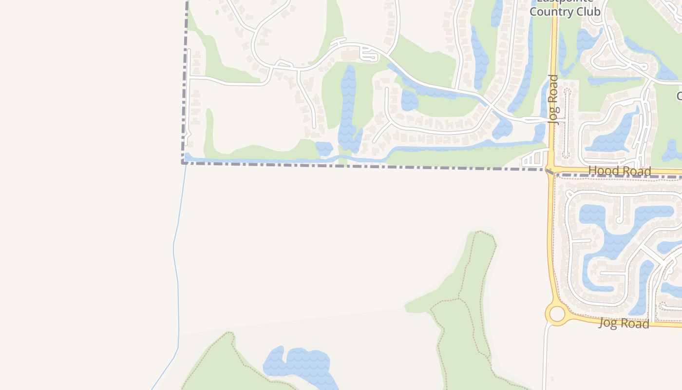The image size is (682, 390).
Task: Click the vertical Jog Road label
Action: tap(553, 99)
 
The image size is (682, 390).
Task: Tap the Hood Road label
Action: tap(619, 171)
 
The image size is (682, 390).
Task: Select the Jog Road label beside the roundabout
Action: tap(624, 323)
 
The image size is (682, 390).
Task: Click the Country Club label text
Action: tap(565, 11)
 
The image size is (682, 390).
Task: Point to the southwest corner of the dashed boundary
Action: tap(183, 162)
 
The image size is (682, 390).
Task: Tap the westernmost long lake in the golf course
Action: tap(348, 107)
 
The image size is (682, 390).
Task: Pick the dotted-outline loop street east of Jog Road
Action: tap(566, 122)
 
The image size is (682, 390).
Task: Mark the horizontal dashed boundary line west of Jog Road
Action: tap(365, 166)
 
